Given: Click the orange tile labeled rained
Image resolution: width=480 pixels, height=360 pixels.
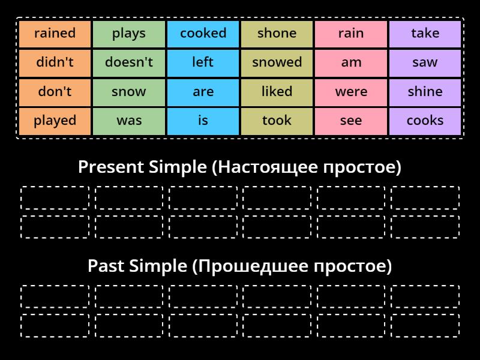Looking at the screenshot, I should tap(55, 34).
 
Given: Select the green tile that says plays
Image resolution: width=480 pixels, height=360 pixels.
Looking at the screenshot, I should tap(129, 34).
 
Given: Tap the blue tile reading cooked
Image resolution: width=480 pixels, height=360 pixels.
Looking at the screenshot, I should tap(203, 34).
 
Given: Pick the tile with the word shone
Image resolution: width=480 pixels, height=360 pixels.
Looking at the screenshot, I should tap(277, 34).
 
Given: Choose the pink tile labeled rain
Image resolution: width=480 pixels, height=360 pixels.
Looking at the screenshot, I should tap(351, 34).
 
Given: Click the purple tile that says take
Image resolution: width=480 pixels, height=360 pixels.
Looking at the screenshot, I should tap(425, 34).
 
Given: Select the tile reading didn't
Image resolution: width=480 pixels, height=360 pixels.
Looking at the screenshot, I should tap(55, 62).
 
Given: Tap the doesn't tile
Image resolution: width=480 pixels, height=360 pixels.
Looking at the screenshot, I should tap(129, 62).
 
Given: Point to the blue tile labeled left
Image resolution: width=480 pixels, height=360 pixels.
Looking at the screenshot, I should tap(203, 62).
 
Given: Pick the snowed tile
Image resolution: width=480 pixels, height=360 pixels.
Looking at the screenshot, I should tap(277, 62).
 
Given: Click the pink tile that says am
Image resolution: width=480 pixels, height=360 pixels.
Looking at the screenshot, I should tap(351, 62).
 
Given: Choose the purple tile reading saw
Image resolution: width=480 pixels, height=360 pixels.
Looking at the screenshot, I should tap(425, 62).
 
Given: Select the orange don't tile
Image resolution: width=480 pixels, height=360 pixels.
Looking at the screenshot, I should tap(55, 92).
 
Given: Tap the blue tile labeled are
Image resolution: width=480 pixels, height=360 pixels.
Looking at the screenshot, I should tap(203, 92).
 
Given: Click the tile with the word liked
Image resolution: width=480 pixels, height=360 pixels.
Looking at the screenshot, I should tap(277, 92).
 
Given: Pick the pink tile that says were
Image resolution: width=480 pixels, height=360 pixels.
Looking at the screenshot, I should tap(351, 92).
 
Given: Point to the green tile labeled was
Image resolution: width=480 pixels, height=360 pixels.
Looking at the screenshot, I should tap(129, 121).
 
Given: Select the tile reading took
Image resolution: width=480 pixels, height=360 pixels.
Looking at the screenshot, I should tap(277, 121).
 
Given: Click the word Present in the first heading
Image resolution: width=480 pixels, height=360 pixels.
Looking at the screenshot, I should tap(109, 167).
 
